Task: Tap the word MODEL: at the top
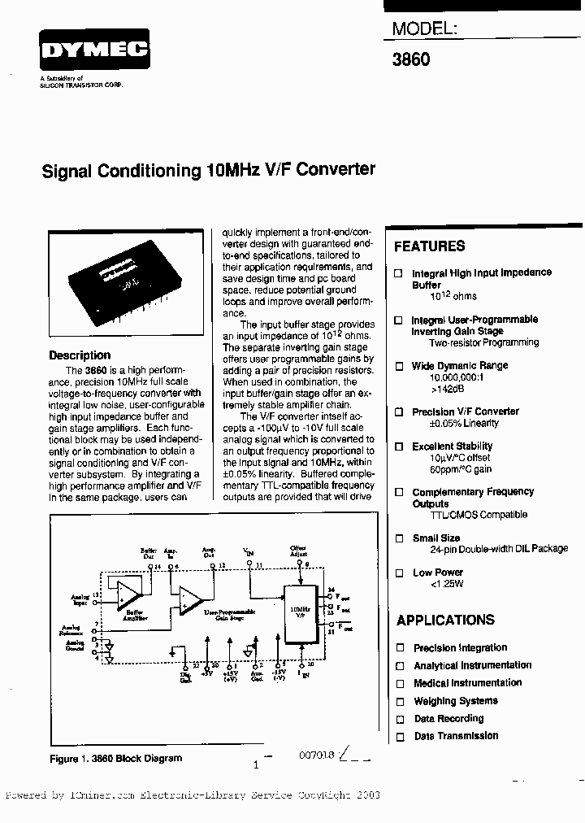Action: coord(425,29)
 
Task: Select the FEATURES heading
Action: coord(429,246)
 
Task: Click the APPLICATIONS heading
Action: coord(445,621)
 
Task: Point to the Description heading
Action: coord(80,355)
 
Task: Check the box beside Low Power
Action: coord(399,573)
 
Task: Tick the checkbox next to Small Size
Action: coord(399,538)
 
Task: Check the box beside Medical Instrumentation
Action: coord(399,683)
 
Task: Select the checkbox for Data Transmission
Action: coord(399,737)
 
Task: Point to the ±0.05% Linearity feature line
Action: coord(464,424)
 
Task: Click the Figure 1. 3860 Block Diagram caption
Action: coord(116,758)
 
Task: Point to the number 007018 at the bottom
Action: coord(317,756)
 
